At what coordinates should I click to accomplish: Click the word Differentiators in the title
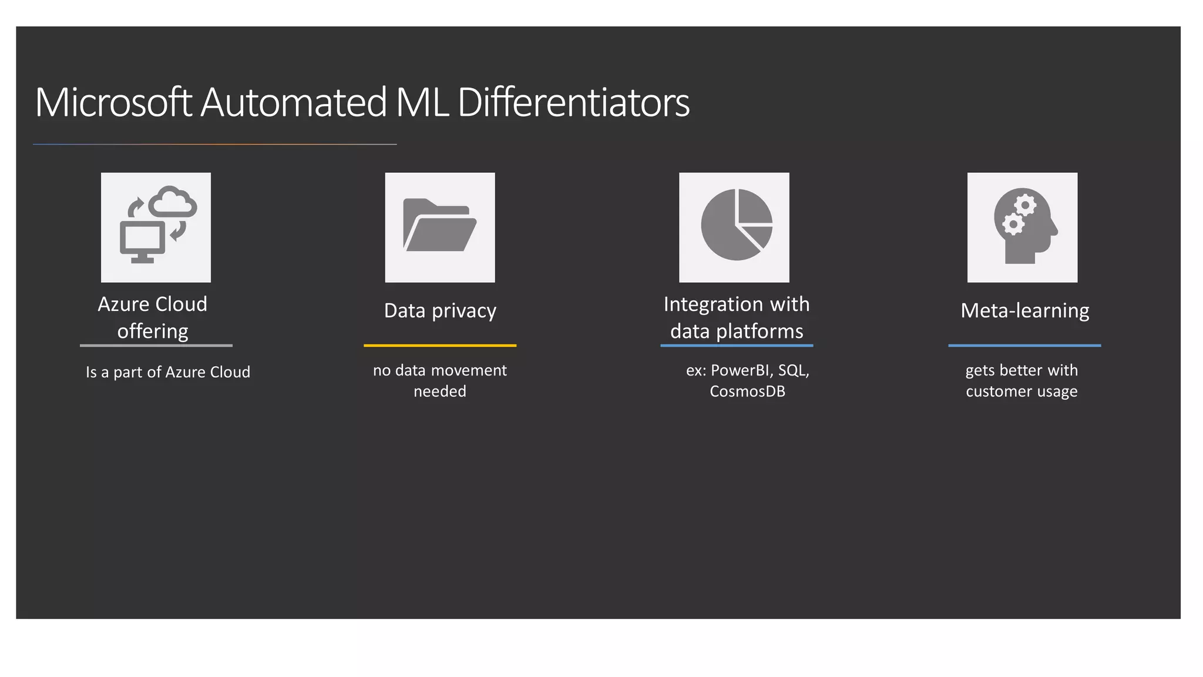click(x=573, y=103)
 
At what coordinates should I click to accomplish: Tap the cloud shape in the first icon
click(x=173, y=202)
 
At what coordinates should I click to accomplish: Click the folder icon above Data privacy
click(x=439, y=226)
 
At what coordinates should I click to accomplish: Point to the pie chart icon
click(x=736, y=225)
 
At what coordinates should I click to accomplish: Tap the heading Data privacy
click(x=440, y=310)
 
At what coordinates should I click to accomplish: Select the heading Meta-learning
click(x=1024, y=310)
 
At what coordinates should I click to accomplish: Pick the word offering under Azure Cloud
click(x=153, y=331)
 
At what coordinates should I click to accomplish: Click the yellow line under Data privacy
click(x=440, y=346)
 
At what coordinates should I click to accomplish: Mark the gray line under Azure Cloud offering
click(x=156, y=346)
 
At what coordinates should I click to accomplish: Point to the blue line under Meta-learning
click(x=1024, y=346)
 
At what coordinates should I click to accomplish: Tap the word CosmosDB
click(x=747, y=391)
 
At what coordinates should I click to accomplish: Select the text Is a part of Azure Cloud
click(x=168, y=372)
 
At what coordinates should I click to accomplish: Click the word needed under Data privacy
click(x=440, y=391)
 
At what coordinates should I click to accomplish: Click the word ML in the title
click(x=422, y=103)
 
